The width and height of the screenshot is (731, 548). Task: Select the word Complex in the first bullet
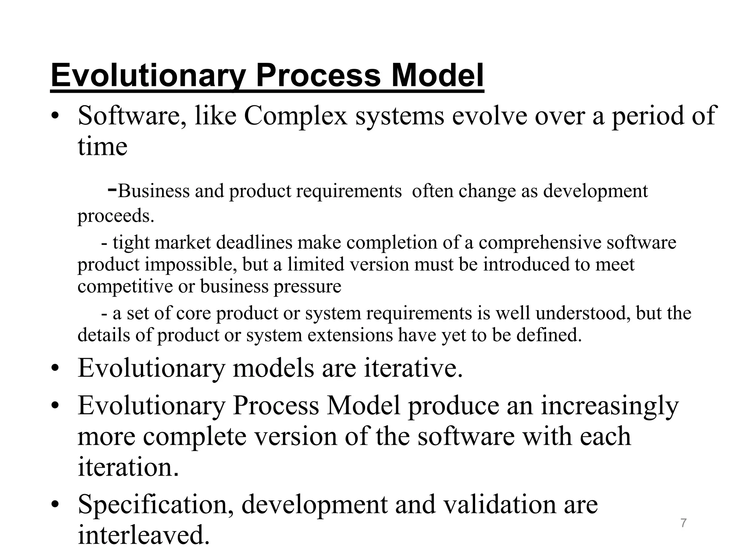point(296,116)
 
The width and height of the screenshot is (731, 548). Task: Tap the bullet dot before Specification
point(55,504)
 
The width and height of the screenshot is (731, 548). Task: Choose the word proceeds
point(116,216)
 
